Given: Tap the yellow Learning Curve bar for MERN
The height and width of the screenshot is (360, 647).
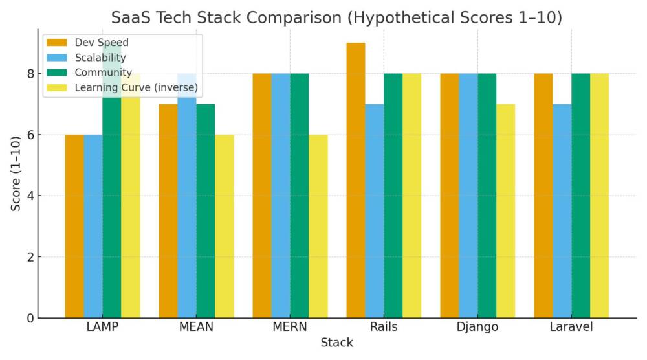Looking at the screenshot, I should point(318,226).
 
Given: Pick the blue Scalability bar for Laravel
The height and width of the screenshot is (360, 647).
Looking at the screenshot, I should point(562,210).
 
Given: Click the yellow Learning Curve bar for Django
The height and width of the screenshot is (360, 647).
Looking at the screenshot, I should point(505,210).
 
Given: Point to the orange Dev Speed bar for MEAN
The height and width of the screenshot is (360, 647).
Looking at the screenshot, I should point(168,210).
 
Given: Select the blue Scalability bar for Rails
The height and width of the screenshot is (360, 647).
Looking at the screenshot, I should point(374,210).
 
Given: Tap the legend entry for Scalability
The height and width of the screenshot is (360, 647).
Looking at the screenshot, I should point(100,58).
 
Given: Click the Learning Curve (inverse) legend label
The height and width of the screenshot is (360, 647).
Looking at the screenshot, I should point(136,87).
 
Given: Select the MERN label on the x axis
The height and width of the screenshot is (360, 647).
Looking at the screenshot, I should point(289,327).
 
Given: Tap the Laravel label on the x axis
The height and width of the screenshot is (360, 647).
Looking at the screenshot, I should point(571,327).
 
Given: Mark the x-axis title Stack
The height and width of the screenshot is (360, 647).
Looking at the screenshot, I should point(336,343).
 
